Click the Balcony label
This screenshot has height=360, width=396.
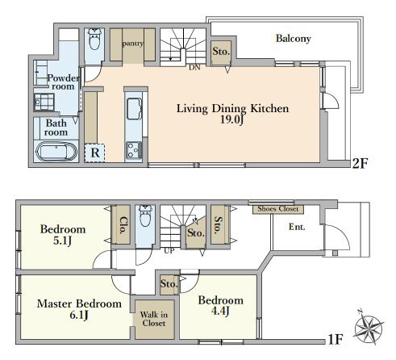pos(293,38)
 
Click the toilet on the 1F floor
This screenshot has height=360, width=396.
pos(145,218)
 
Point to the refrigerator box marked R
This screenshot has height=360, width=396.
pos(95,152)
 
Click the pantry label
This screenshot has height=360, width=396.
pos(132,44)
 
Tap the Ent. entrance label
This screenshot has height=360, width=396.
pos(297,227)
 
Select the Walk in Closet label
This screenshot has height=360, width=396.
pos(152,318)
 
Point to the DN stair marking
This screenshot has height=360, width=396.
pos(194,68)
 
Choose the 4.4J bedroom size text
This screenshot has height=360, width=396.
pos(220,312)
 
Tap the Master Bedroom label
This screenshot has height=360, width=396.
pos(79,304)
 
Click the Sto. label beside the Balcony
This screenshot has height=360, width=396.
pos(221,53)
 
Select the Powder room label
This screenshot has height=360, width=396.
pos(61,82)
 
